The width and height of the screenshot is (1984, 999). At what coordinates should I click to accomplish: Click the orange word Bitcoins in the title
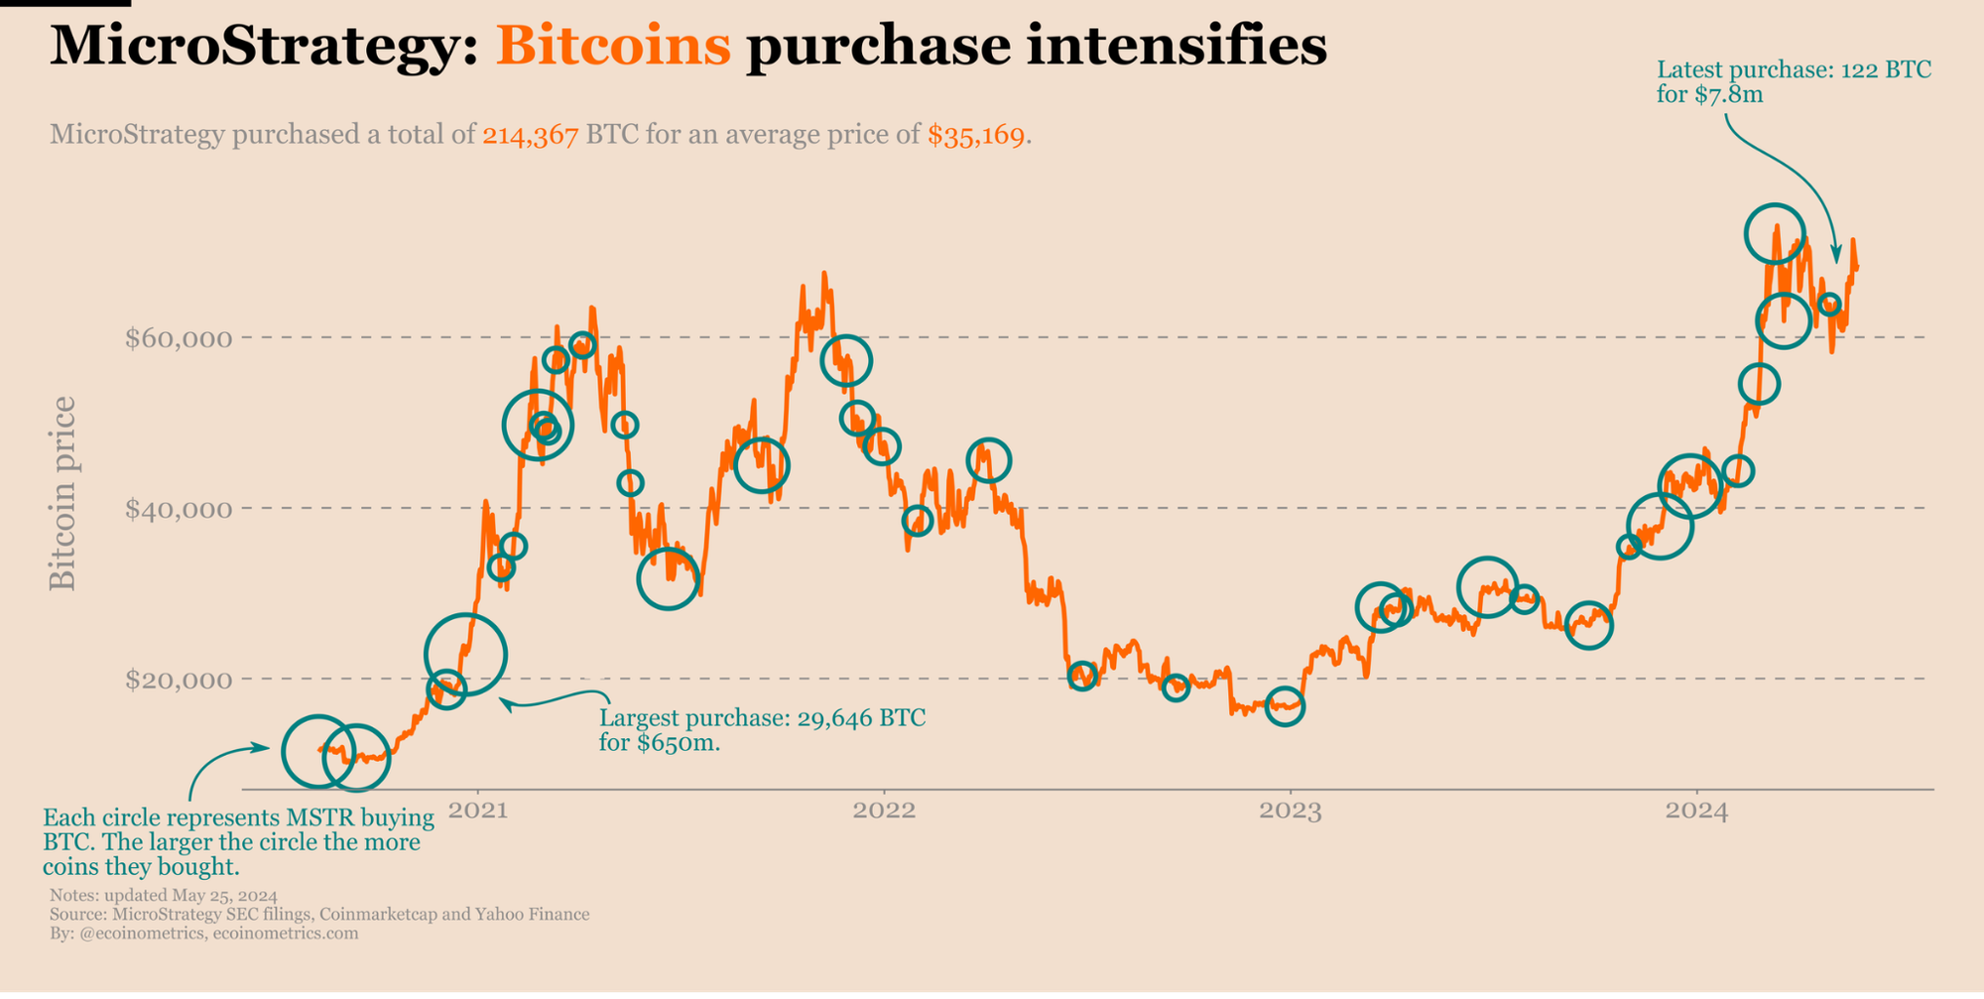(613, 46)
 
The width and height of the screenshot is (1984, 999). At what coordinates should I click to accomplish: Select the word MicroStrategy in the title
(264, 46)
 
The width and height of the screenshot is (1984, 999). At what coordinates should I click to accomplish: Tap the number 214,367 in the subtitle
(531, 135)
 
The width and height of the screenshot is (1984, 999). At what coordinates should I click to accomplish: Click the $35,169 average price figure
(976, 135)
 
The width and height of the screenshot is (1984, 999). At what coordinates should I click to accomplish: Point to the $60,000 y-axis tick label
(179, 338)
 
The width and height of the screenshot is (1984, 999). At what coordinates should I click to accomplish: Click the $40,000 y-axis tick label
(179, 510)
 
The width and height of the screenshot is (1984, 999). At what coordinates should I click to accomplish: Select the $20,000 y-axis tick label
(179, 681)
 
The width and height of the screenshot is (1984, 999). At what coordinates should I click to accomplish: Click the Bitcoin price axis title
(62, 493)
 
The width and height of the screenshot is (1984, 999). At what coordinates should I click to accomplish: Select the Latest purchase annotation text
(1794, 82)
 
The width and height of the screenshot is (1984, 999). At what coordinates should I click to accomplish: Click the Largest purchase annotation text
(762, 730)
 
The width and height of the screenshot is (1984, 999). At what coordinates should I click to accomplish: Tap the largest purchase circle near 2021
(465, 655)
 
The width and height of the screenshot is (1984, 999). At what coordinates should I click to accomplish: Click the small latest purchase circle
(1830, 305)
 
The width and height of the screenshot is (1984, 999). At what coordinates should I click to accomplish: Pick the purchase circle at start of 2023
(1285, 706)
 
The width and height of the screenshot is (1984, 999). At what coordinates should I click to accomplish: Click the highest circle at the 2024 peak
(1775, 234)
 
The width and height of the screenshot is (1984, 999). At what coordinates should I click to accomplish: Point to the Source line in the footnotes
(319, 915)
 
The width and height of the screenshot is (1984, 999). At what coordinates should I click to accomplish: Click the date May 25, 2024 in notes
(224, 896)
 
